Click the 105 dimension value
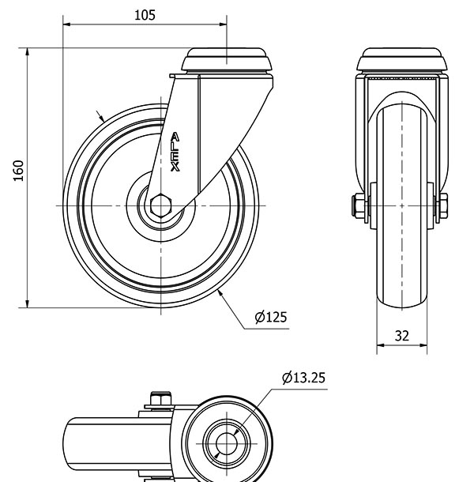[145, 15]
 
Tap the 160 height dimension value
[19, 171]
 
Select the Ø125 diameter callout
[271, 317]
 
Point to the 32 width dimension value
[402, 336]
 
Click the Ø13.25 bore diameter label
[303, 378]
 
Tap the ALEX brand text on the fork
[175, 152]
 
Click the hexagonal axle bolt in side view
[161, 205]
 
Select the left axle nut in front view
[358, 205]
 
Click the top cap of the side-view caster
[227, 60]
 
